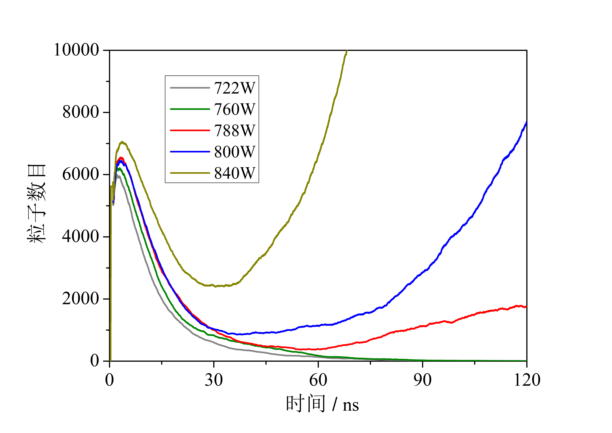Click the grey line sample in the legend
190,88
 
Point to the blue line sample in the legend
190,152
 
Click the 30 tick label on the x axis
214,380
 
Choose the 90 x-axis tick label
422,380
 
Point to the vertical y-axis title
37,204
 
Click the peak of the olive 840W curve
122,142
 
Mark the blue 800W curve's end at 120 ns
526,122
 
